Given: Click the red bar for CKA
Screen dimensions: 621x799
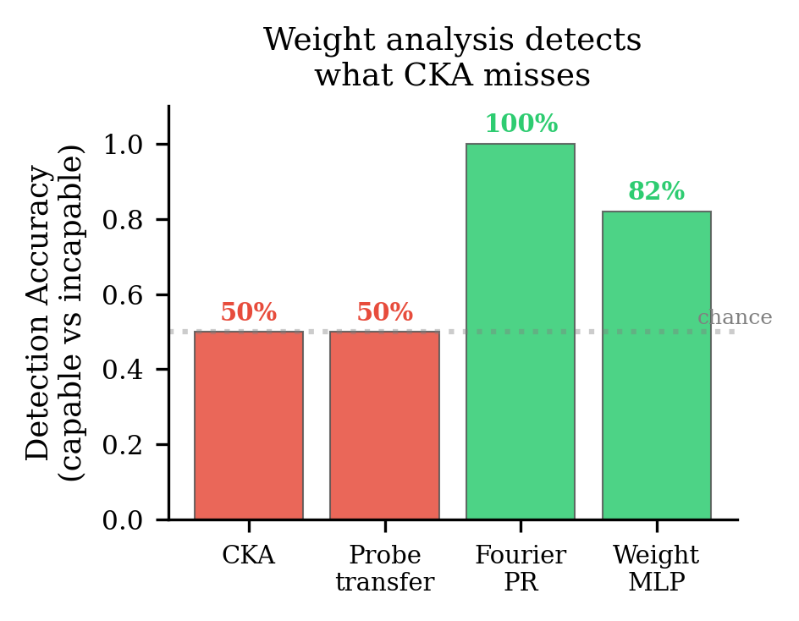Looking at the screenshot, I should (249, 425).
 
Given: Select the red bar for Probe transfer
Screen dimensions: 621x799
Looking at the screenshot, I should (384, 425).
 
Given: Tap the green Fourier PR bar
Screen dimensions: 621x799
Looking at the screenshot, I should (521, 332).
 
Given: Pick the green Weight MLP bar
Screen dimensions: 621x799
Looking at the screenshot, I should (656, 365).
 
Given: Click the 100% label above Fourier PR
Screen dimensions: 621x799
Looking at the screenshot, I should (521, 124).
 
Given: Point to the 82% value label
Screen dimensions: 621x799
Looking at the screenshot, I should (656, 192).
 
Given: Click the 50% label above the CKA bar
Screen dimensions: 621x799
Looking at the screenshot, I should (249, 312).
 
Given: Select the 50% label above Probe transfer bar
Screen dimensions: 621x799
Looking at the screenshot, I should (384, 312).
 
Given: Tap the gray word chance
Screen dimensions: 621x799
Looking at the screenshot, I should (735, 318).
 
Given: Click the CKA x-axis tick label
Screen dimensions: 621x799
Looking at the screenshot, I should (249, 556).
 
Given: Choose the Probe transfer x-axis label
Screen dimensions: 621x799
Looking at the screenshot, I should (384, 569).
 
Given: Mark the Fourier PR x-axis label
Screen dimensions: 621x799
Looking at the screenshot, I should (521, 569).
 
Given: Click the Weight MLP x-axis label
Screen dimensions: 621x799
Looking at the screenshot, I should (656, 569).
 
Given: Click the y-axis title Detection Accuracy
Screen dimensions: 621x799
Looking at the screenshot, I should (39, 313).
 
